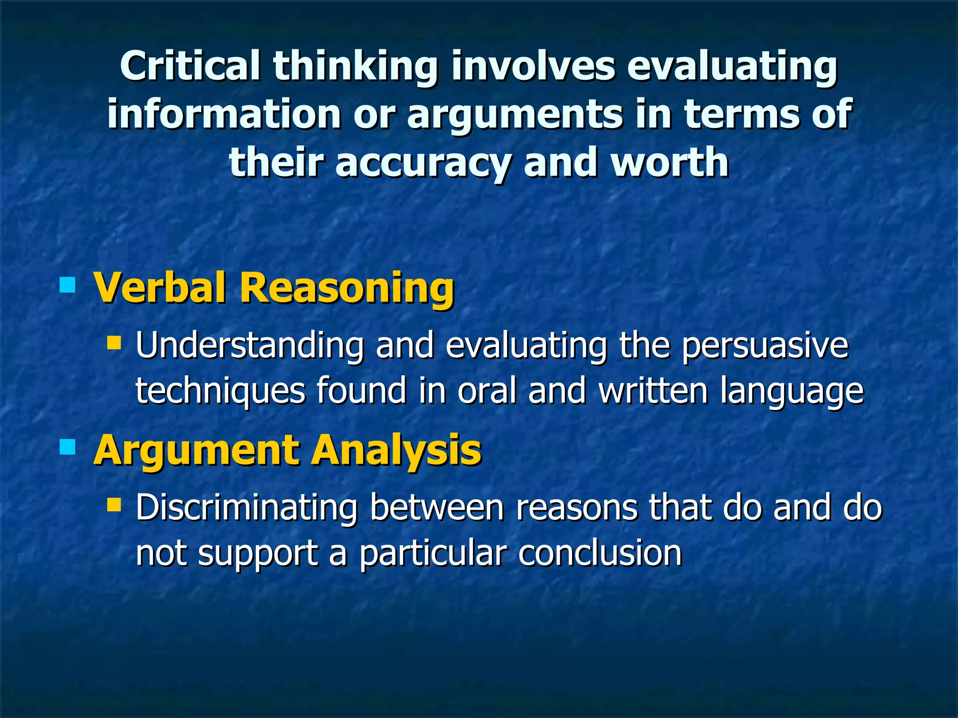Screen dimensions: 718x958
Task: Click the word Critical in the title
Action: [x=189, y=66]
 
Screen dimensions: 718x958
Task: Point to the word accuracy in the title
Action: [x=422, y=162]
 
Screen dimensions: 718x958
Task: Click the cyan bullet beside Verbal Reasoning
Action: [x=68, y=285]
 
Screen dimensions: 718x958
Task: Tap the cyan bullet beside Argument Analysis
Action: [x=68, y=447]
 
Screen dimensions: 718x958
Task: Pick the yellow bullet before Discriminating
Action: [x=114, y=504]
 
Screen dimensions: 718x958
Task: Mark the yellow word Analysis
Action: [x=397, y=450]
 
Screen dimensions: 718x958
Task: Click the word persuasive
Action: [x=764, y=346]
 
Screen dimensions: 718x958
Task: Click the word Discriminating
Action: [x=247, y=508]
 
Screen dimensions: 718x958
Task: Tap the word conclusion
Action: [x=600, y=553]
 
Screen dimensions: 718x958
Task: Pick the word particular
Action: [x=433, y=553]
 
